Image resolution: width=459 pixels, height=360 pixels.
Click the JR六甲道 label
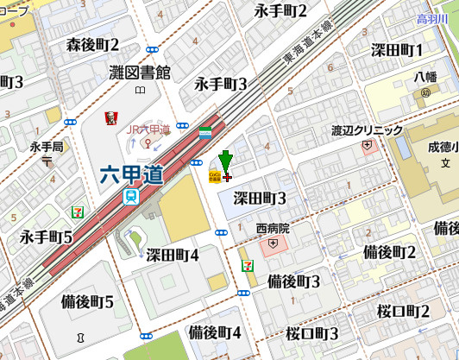tap(149, 129)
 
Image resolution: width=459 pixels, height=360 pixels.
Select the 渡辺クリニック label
tap(368, 130)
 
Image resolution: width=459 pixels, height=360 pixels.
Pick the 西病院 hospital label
tap(273, 229)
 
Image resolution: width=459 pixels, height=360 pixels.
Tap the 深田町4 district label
tap(173, 254)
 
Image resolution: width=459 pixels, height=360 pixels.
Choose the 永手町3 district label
tap(221, 84)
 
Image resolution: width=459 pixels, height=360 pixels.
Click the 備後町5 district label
tap(88, 301)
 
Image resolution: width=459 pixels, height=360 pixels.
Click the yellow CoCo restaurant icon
tap(213, 175)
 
